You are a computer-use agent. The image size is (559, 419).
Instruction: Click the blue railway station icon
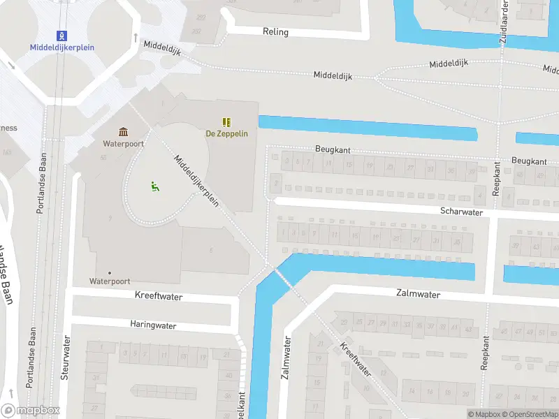pyautogui.click(x=62, y=35)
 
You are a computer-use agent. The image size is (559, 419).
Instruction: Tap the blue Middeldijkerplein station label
pyautogui.click(x=62, y=47)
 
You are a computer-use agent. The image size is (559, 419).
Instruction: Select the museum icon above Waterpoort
pyautogui.click(x=124, y=132)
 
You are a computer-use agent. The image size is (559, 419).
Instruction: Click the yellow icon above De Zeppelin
pyautogui.click(x=226, y=122)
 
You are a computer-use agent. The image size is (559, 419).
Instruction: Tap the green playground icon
pyautogui.click(x=154, y=186)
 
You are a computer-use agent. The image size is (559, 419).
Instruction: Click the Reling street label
pyautogui.click(x=275, y=32)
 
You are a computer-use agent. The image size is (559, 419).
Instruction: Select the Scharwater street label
pyautogui.click(x=461, y=211)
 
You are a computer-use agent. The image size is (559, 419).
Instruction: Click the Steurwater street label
pyautogui.click(x=66, y=358)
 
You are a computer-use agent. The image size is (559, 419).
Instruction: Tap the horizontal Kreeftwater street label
pyautogui.click(x=159, y=297)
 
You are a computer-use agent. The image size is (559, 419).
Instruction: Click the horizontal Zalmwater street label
pyautogui.click(x=418, y=295)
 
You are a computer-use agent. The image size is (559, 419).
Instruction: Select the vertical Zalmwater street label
pyautogui.click(x=286, y=358)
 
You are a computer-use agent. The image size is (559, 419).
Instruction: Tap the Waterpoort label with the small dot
pyautogui.click(x=110, y=281)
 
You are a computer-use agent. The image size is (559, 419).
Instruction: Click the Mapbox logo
pyautogui.click(x=31, y=411)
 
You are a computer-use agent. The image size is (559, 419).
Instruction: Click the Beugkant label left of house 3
pyautogui.click(x=333, y=149)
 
